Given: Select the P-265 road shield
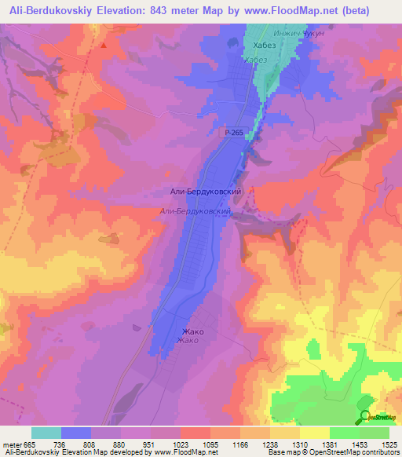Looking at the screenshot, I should [231, 134].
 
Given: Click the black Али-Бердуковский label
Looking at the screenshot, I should [205, 191].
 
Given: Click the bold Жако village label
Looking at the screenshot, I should [193, 331].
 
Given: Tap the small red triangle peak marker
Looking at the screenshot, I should [103, 46].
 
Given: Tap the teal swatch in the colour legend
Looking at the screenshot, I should [46, 433].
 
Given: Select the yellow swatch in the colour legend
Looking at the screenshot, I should [315, 433].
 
